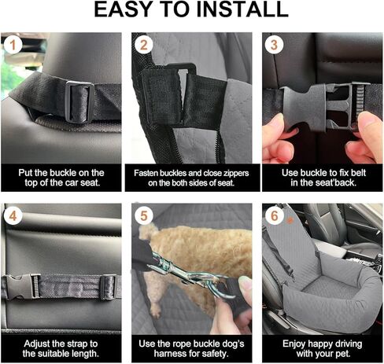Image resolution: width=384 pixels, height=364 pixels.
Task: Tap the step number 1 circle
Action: point(12,45)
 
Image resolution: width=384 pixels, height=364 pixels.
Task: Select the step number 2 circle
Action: point(143,45)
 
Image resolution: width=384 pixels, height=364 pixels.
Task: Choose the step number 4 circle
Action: point(12,215)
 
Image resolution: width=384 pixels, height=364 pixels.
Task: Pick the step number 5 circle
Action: point(143,215)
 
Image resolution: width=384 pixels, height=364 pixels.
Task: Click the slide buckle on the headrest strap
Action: point(80,101)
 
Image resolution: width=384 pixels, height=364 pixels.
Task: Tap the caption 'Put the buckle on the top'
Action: point(61,178)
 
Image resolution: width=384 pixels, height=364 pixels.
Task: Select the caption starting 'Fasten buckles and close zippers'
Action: point(191,178)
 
